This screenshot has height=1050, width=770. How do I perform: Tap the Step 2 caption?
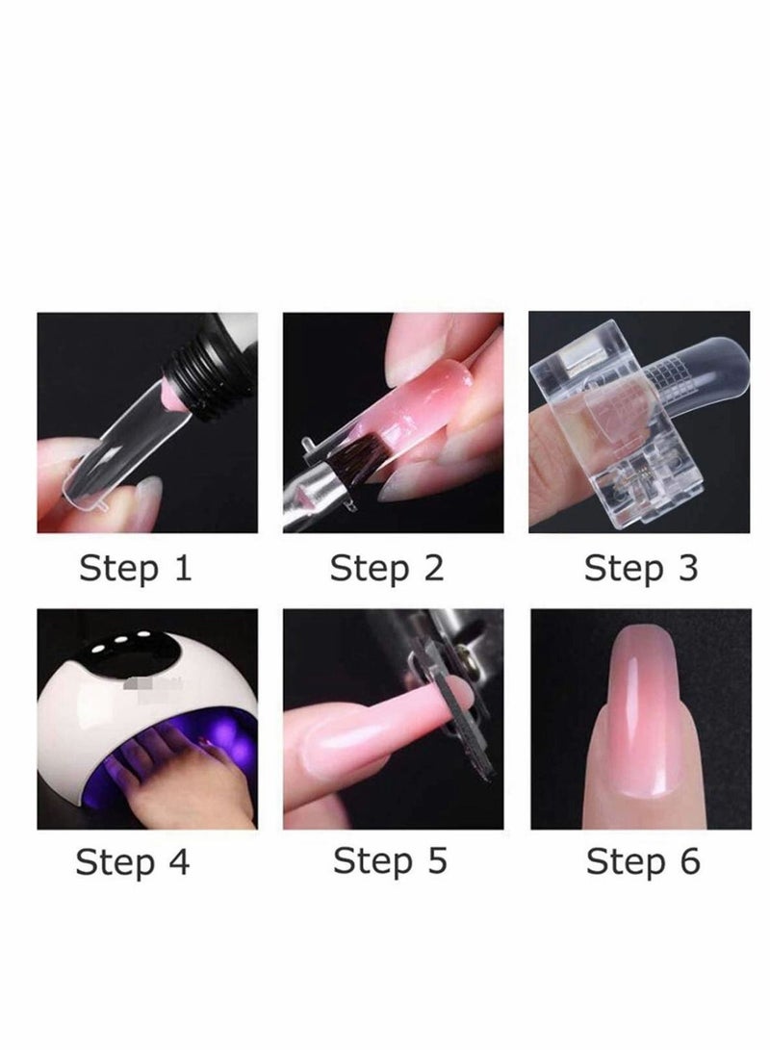(x=386, y=568)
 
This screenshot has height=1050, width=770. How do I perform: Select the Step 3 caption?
(x=640, y=568)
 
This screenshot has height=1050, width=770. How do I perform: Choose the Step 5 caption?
(x=390, y=862)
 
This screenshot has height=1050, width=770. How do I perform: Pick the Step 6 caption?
(x=643, y=862)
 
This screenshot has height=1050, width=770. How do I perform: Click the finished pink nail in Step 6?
(x=639, y=722)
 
